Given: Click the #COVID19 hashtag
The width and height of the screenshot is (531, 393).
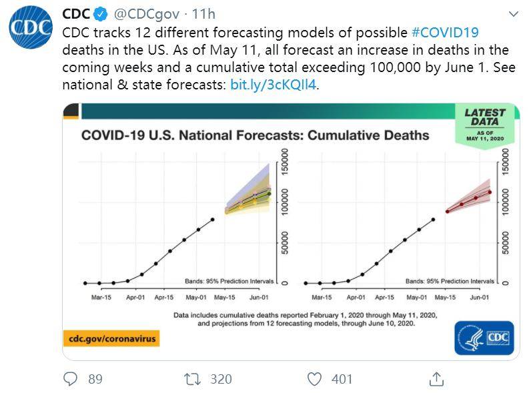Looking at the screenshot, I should click(445, 32).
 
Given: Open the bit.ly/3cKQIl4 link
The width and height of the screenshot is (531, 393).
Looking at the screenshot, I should click(274, 85).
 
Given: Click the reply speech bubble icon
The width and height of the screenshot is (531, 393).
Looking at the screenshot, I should click(70, 379).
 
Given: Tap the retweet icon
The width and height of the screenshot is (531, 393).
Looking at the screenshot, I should click(192, 379).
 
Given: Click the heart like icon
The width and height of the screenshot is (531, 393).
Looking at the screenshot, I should click(314, 379).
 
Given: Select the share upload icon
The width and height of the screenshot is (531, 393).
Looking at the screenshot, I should click(436, 379).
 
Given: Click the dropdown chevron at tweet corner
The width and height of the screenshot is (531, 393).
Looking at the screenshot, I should click(513, 13).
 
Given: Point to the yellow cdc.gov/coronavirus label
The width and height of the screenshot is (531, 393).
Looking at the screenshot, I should click(111, 338).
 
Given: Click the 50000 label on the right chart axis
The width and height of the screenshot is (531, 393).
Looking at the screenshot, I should click(505, 242).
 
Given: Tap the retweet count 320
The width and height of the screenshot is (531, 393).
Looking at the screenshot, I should click(221, 379).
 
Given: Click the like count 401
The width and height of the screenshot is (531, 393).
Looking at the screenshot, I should click(342, 379).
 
